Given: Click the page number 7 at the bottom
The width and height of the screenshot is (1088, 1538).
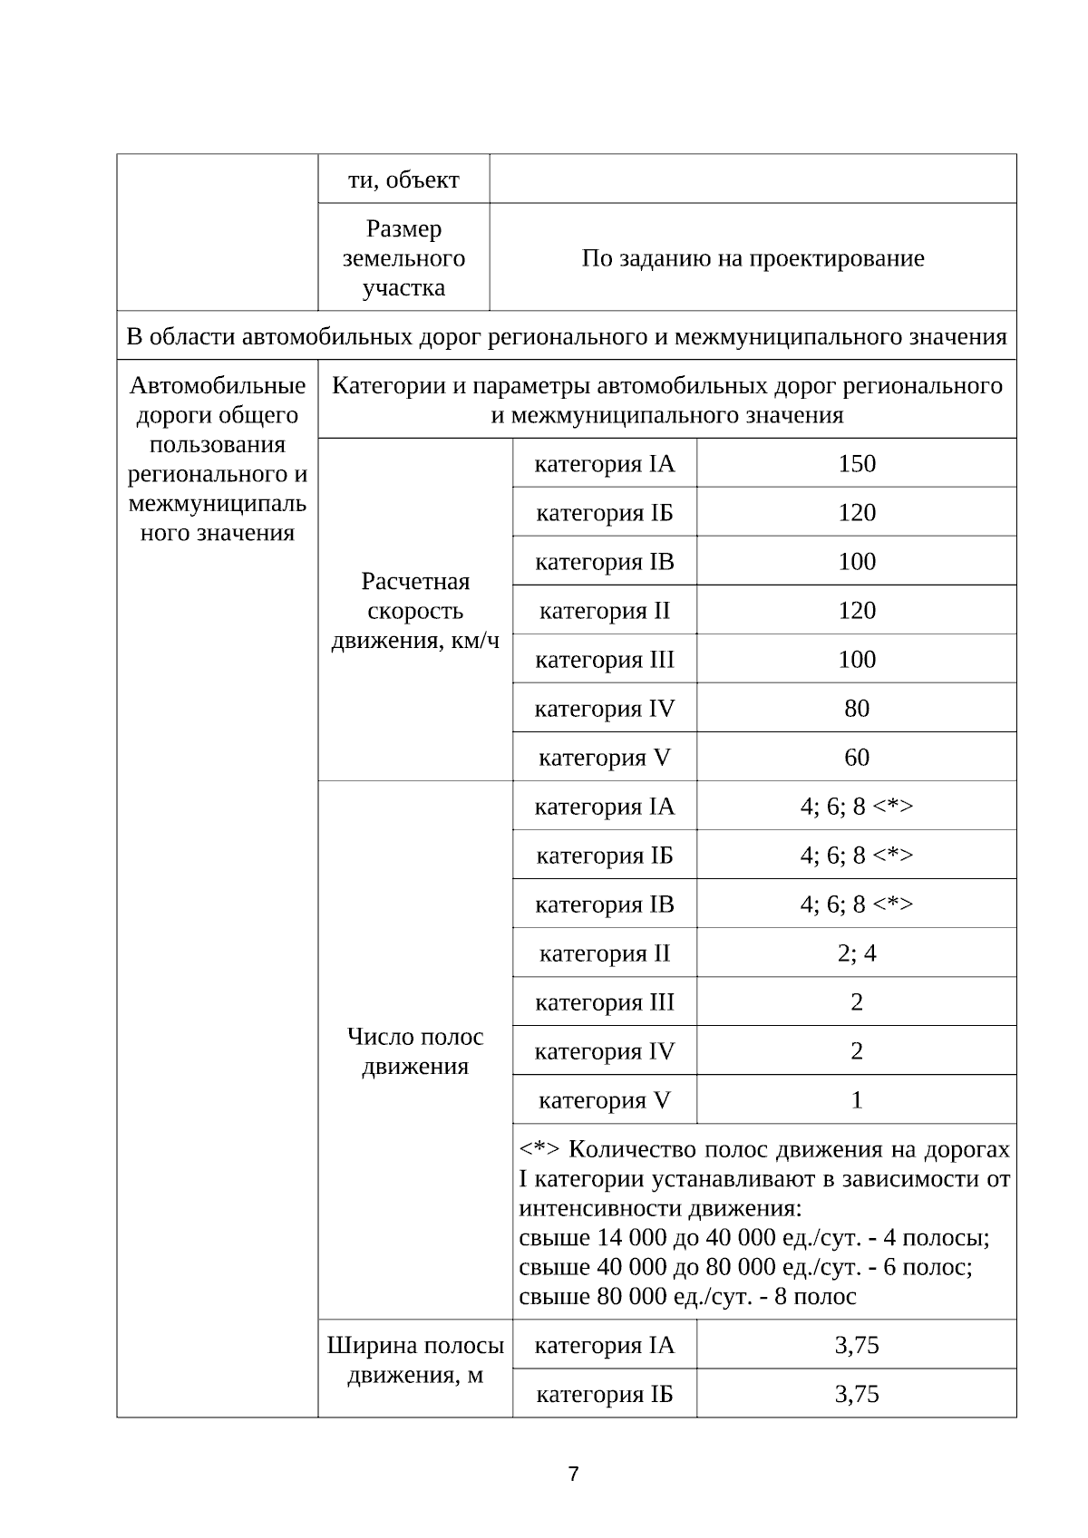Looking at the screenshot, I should (573, 1474).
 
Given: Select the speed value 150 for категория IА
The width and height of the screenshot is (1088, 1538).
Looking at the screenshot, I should (856, 464).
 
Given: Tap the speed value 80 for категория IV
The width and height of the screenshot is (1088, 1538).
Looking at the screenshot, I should (856, 709).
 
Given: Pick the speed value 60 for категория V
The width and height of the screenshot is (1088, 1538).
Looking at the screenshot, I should (856, 758).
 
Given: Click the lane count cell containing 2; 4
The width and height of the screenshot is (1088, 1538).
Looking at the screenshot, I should (856, 953).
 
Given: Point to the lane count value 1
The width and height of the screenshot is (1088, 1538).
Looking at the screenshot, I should (856, 1100).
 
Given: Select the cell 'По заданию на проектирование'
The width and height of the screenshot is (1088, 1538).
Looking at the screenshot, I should (753, 258).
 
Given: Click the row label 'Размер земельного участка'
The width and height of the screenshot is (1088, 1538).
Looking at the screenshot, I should (403, 258).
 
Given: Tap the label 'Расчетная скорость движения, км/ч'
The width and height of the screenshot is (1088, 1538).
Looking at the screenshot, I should (415, 611).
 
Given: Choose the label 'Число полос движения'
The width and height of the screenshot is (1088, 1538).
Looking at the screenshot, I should (415, 1051).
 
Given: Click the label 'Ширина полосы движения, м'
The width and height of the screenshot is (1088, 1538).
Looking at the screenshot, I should (415, 1359).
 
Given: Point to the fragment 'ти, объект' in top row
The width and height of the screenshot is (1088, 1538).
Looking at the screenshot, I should (403, 179).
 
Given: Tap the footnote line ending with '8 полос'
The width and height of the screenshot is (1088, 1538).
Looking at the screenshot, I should (687, 1296).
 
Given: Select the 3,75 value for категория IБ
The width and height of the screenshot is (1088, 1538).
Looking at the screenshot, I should (856, 1394).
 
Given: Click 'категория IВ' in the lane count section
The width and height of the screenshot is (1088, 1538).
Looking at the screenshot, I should (604, 904).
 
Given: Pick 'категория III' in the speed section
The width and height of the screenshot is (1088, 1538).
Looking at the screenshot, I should (604, 660).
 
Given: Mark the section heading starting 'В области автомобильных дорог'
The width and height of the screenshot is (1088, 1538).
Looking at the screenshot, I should (567, 337).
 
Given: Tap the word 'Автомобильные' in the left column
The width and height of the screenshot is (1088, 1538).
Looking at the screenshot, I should (218, 386).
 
